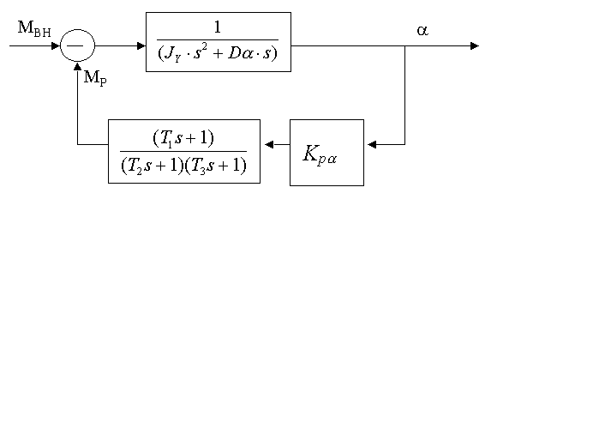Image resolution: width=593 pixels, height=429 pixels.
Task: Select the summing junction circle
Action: pyautogui.click(x=77, y=45)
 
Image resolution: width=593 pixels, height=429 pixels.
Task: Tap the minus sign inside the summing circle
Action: pyautogui.click(x=76, y=45)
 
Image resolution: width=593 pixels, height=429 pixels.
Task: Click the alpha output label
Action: pyautogui.click(x=422, y=30)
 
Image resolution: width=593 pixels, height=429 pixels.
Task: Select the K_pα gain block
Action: pyautogui.click(x=326, y=153)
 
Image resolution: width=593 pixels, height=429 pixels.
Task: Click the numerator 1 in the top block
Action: pyautogui.click(x=218, y=27)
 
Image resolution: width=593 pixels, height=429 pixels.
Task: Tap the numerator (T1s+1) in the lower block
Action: pyautogui.click(x=183, y=137)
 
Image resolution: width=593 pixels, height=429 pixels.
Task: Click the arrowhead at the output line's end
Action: pyautogui.click(x=474, y=45)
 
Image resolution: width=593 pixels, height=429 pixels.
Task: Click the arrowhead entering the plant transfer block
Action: pyautogui.click(x=141, y=45)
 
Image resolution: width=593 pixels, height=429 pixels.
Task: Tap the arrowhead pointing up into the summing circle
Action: pyautogui.click(x=77, y=68)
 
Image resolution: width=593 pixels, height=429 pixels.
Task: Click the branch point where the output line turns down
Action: pyautogui.click(x=404, y=45)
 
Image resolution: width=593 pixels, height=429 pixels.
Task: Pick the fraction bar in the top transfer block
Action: pyautogui.click(x=218, y=39)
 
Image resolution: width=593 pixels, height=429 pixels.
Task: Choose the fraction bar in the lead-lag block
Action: pyautogui.click(x=183, y=151)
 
